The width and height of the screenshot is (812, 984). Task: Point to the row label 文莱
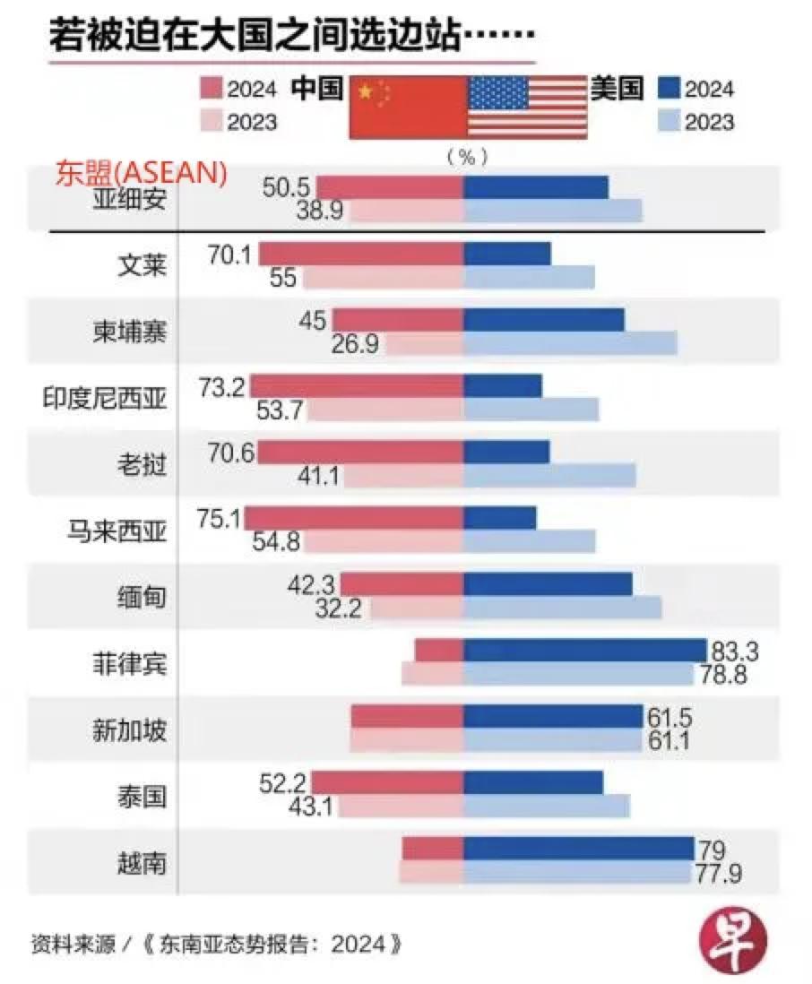click(x=143, y=264)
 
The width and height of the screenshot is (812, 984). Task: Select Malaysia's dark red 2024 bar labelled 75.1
click(x=353, y=518)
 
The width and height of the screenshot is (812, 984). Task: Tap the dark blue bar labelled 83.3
click(x=584, y=651)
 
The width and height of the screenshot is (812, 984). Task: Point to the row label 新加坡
click(x=130, y=730)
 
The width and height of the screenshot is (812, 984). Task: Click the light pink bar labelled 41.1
click(x=403, y=475)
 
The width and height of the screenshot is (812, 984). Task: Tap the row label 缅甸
click(x=143, y=597)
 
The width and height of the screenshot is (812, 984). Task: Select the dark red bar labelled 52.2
click(x=387, y=782)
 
